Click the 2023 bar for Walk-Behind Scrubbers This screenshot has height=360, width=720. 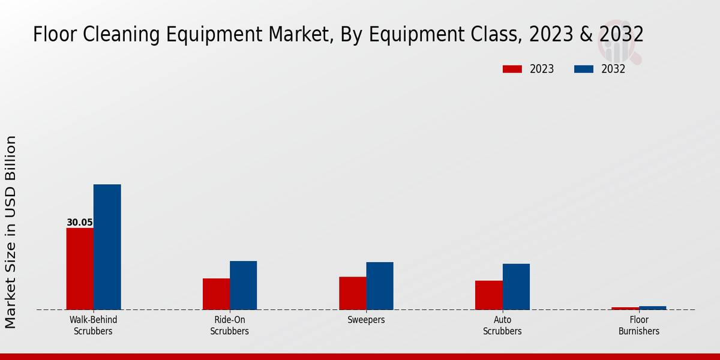click(80, 269)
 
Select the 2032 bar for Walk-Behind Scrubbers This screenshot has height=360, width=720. click(107, 247)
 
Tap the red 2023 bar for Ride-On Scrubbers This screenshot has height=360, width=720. click(216, 294)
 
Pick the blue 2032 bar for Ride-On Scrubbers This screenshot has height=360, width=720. click(243, 285)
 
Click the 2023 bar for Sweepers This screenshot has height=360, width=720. click(352, 293)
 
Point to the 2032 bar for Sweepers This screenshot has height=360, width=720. click(380, 286)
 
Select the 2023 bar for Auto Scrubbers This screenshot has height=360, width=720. click(488, 295)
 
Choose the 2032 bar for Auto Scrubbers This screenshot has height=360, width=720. click(516, 287)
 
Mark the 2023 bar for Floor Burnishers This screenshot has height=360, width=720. click(625, 308)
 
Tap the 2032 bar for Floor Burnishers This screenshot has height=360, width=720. click(652, 308)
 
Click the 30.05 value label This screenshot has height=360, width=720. click(80, 223)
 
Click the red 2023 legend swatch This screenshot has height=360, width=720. click(512, 69)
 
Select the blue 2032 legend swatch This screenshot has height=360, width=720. click(584, 69)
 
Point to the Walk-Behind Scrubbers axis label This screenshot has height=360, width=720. click(93, 325)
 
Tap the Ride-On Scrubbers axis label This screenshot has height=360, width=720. click(229, 325)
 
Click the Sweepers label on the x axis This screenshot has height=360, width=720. click(366, 320)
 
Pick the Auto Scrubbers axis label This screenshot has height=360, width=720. click(502, 325)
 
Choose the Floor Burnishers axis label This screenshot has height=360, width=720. click(638, 325)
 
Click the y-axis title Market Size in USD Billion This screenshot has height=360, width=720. click(11, 232)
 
